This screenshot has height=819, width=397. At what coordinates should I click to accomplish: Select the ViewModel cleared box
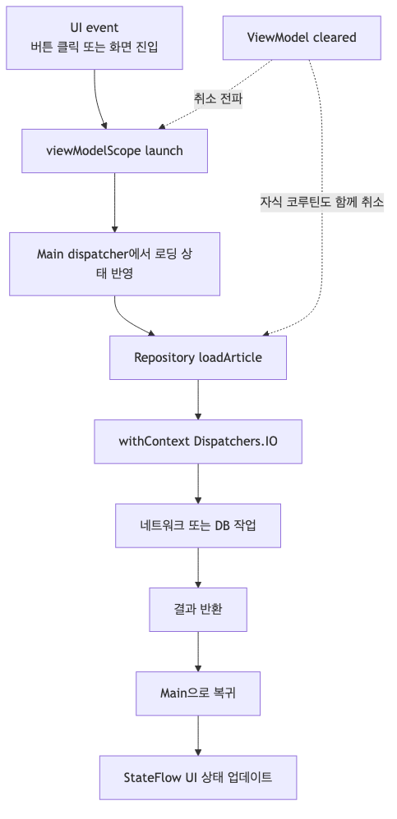[x=302, y=38]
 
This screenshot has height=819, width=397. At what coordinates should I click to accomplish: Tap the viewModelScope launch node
[x=114, y=151]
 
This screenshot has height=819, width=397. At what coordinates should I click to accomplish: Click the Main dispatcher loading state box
[x=114, y=263]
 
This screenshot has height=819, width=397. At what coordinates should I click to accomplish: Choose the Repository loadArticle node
[x=198, y=358]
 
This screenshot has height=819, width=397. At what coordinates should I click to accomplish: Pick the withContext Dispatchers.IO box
[x=198, y=441]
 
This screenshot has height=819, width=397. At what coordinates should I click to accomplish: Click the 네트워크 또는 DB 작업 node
[x=198, y=525]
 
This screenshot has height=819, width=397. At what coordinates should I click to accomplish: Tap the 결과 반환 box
[x=198, y=609]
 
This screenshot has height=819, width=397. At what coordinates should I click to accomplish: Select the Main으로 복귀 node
[x=198, y=693]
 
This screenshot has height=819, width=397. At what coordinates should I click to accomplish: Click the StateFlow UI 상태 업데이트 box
[x=198, y=777]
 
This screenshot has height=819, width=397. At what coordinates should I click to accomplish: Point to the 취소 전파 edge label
[x=218, y=98]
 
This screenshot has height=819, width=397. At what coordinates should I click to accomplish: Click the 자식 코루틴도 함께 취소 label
[x=322, y=201]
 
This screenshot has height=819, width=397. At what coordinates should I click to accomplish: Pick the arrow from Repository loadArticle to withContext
[x=198, y=400]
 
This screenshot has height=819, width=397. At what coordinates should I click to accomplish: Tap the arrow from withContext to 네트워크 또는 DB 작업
[x=198, y=483]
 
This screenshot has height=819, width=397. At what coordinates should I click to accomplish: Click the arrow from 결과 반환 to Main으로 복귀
[x=198, y=651]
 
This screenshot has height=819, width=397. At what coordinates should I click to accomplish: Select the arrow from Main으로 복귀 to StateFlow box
[x=198, y=734]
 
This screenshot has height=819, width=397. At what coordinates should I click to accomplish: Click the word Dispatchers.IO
[x=236, y=441]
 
